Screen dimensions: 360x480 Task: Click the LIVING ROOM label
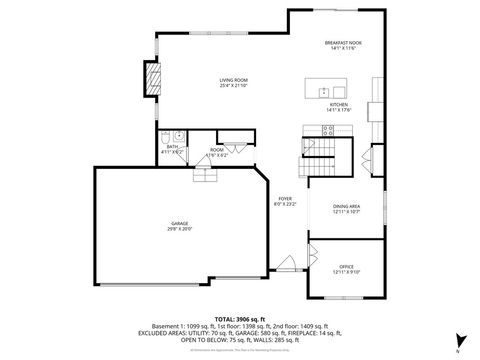coord(233,79)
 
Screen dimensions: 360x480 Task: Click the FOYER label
coord(285,199)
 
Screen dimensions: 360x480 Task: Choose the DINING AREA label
coord(347,206)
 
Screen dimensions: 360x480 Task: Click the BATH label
coord(172,146)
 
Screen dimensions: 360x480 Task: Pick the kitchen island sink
coord(325,91)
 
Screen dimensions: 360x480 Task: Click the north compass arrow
coord(456,340)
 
